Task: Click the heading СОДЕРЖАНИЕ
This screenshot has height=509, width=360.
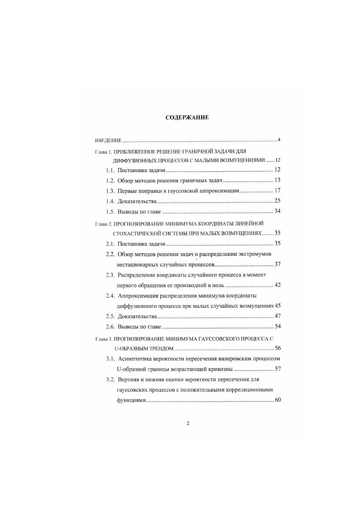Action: click(187, 117)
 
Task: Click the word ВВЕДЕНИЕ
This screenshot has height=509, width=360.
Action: click(105, 140)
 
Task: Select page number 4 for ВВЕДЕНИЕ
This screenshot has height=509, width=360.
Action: click(279, 139)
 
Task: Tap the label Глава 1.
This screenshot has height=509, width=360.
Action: click(103, 151)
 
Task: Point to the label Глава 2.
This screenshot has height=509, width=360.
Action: click(103, 224)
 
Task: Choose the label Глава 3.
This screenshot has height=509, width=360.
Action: click(103, 338)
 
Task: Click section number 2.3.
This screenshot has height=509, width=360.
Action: click(110, 275)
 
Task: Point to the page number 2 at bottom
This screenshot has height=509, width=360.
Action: click(187, 423)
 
